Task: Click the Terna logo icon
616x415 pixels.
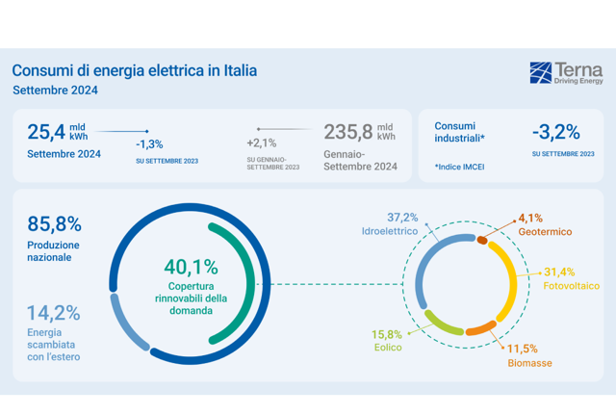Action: pos(541,72)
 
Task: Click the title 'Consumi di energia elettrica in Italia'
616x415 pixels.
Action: pos(135,70)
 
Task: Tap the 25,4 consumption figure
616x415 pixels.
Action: pos(46,132)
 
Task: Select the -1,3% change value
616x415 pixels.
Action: pos(149,144)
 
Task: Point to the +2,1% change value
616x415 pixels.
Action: pos(262,143)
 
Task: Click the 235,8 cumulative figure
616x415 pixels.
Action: pos(348,132)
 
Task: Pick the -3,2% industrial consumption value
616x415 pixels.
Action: pos(556,132)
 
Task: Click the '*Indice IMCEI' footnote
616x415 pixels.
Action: pos(459,167)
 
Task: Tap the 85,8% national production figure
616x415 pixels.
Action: pos(54,224)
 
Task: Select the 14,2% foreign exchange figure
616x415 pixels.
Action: pos(54,313)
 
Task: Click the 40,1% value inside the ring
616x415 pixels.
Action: pos(191,267)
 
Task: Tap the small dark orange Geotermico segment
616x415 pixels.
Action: pos(482,240)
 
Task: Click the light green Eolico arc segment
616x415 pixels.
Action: pos(441,325)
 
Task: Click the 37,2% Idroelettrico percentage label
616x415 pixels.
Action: pos(402,218)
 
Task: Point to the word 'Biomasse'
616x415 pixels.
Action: pos(529,363)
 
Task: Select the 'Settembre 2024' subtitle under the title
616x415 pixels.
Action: pos(55,91)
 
